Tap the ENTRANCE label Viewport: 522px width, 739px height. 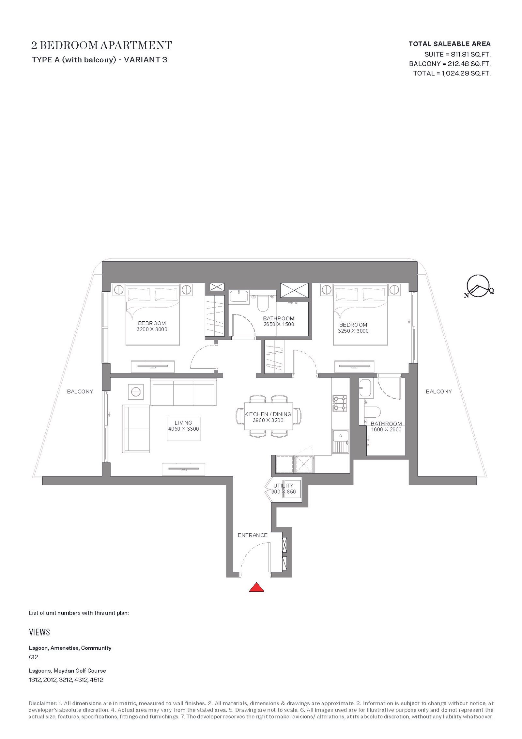[x=253, y=535]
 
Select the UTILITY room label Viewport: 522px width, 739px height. [x=283, y=486]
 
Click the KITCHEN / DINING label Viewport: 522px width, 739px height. [x=268, y=414]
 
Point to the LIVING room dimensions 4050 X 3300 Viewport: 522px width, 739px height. [x=183, y=429]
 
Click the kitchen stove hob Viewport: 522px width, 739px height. [x=339, y=404]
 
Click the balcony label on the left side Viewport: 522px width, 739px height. [x=80, y=392]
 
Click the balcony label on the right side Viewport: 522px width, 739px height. [x=439, y=392]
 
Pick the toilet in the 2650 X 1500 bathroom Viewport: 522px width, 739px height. [x=262, y=303]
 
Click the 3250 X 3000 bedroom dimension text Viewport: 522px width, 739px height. [x=353, y=331]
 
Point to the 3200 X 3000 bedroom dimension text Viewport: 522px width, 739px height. [x=152, y=329]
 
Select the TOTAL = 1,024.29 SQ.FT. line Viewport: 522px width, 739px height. [x=452, y=73]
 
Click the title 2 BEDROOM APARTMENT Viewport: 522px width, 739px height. [x=101, y=45]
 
